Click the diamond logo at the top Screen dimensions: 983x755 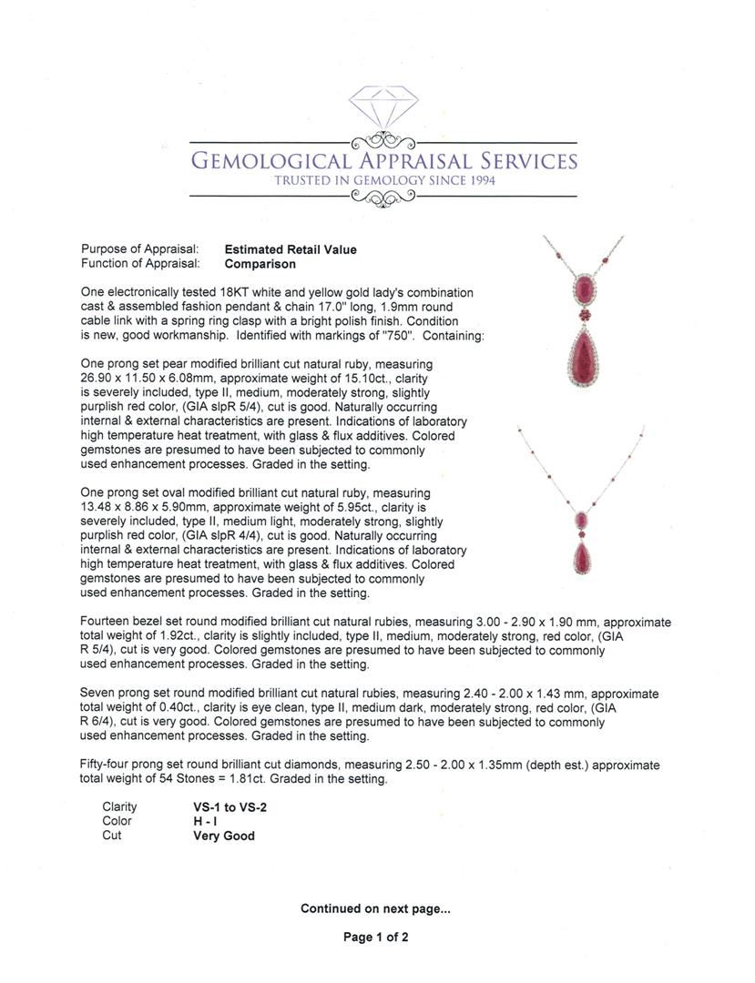383,108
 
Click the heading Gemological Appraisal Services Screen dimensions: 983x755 383,162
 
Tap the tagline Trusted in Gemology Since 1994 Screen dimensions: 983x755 384,181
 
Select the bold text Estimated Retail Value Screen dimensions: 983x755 291,249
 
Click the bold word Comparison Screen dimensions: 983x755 260,264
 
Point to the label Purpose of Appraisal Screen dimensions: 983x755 139,249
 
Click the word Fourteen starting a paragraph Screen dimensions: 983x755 107,623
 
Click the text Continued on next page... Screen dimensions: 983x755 375,908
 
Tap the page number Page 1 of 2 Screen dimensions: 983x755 375,937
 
